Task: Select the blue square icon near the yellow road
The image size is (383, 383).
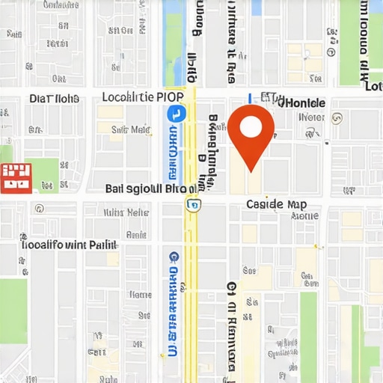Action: point(175,114)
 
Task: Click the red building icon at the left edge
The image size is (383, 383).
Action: point(16,177)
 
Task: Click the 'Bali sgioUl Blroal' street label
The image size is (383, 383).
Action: point(151,189)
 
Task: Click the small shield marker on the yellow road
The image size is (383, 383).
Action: point(194,204)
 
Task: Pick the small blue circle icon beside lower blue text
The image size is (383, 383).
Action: point(174,256)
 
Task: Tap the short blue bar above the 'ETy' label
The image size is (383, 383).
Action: point(250,98)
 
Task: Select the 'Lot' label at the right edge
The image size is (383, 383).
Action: point(373,87)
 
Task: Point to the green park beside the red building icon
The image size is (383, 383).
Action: point(46,174)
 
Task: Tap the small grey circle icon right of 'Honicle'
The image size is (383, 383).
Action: point(337,118)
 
